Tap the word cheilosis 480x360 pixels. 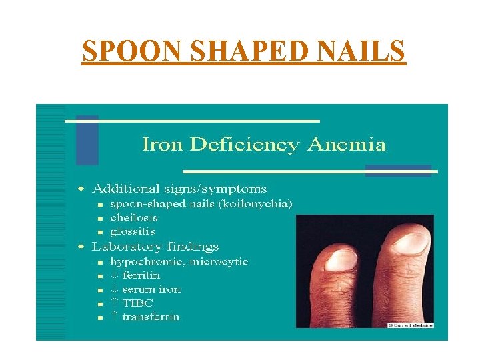click(134, 218)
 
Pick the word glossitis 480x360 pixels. click(133, 232)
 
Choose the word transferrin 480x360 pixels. click(150, 317)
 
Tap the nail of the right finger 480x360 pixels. click(409, 241)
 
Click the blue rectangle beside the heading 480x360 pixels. click(87, 140)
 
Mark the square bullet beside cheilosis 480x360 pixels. click(99, 219)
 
